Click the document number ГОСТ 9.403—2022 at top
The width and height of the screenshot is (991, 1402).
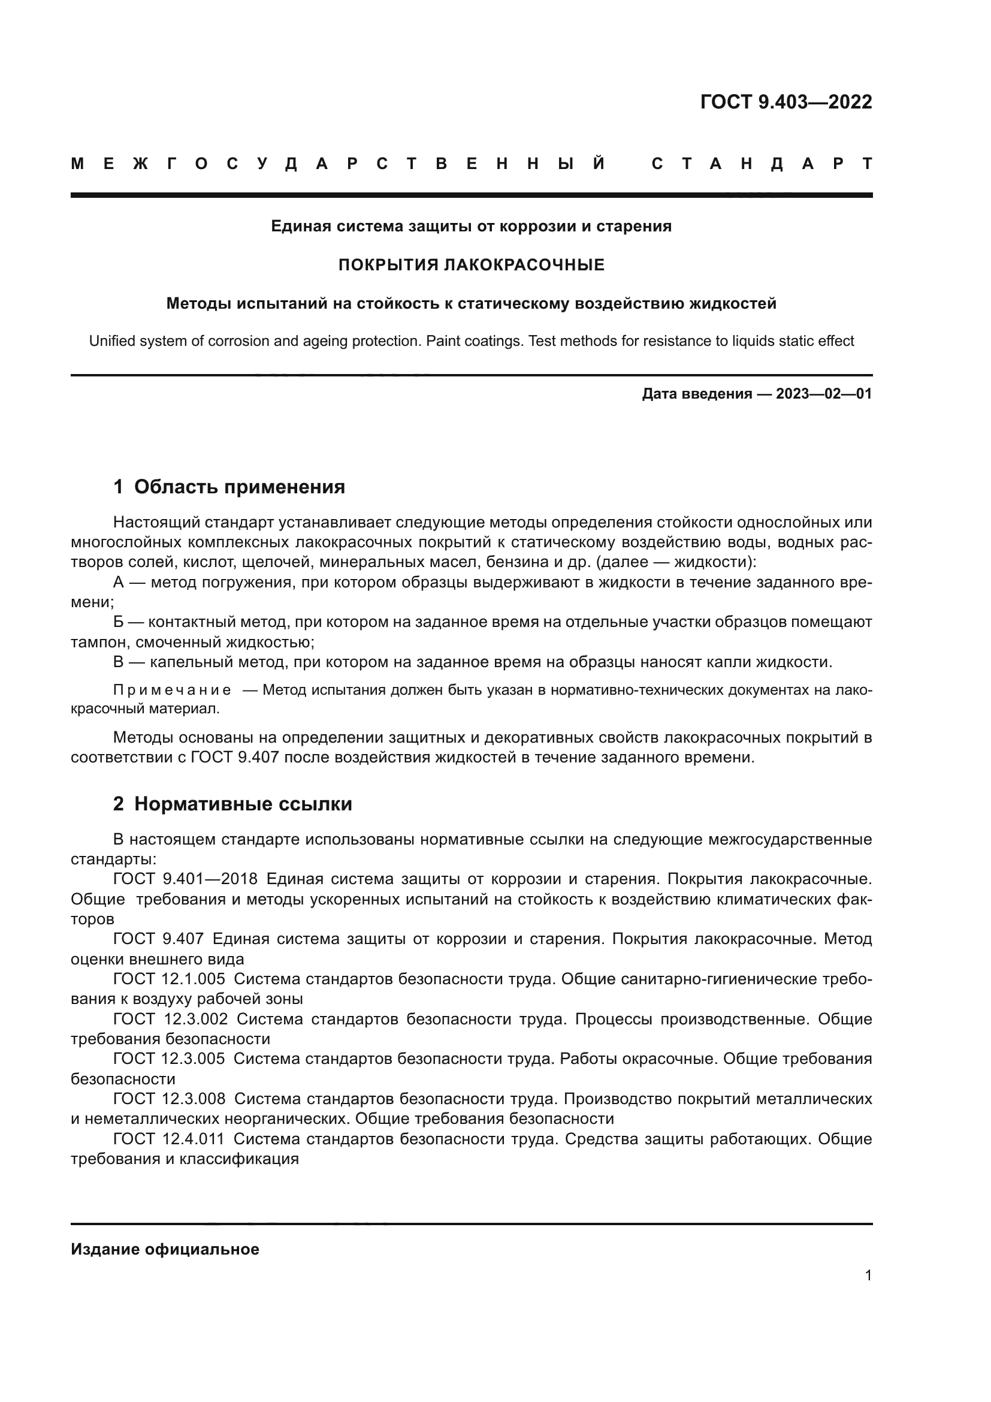(786, 102)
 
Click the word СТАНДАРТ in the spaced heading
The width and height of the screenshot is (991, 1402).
(762, 164)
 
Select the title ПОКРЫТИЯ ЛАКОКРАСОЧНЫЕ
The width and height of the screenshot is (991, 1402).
(471, 265)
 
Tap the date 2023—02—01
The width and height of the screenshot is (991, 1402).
(824, 394)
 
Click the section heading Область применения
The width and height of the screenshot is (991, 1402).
(239, 487)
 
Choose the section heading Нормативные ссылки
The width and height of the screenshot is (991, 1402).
(243, 804)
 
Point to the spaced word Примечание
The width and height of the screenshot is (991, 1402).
(172, 690)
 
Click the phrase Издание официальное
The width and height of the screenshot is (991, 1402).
(165, 1249)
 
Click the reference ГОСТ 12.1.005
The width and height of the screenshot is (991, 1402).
(168, 979)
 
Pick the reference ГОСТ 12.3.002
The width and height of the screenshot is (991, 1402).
(170, 1018)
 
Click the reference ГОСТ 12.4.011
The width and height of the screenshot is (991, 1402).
(168, 1139)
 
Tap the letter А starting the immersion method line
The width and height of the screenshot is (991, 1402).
(119, 582)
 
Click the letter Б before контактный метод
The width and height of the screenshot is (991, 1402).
(119, 622)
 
